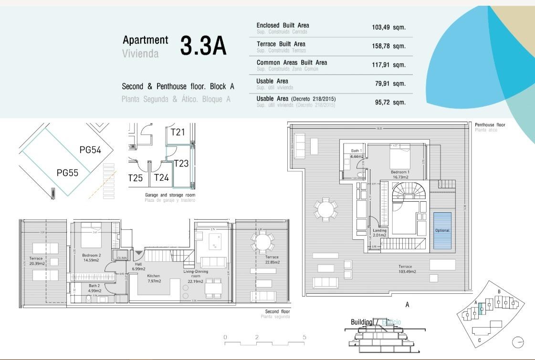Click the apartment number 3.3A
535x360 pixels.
tap(203, 46)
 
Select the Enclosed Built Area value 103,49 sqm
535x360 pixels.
tap(388, 28)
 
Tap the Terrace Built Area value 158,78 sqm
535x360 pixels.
tap(388, 46)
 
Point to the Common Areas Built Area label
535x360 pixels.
tap(292, 62)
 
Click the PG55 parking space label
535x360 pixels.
tap(67, 173)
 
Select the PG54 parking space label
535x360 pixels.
tap(90, 150)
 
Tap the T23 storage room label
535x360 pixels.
tap(181, 164)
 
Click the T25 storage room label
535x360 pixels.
tap(135, 178)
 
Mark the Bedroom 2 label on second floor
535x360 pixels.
tap(91, 257)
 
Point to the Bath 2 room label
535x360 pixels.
tap(94, 288)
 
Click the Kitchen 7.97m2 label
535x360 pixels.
tap(154, 278)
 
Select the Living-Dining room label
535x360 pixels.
tap(196, 274)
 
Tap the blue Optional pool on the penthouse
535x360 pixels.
tap(442, 230)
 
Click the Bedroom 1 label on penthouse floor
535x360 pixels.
tap(400, 174)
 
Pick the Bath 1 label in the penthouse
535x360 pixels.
tap(357, 153)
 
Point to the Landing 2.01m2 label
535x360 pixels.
tap(379, 233)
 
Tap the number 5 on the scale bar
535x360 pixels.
tap(304, 337)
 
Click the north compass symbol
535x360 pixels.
tap(518, 342)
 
